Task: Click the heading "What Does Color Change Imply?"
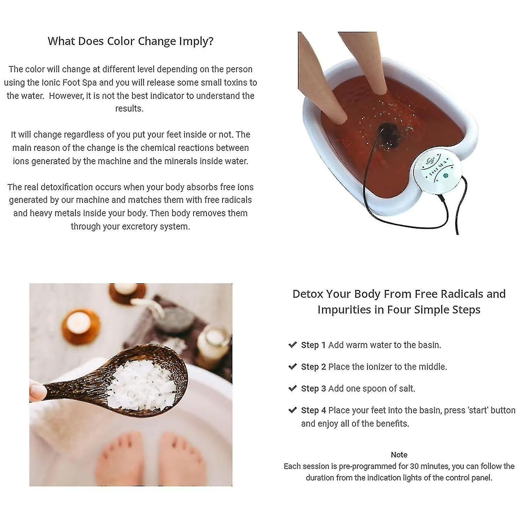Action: (x=130, y=41)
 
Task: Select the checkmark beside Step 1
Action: (x=292, y=345)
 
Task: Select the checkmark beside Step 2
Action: (x=292, y=366)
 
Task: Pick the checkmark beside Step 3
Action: (x=292, y=388)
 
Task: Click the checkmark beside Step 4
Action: (x=292, y=410)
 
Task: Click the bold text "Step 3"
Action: (x=313, y=388)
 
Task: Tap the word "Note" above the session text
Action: (x=399, y=454)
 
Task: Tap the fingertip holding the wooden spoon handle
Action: (x=37, y=391)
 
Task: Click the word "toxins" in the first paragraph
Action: (x=227, y=83)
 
